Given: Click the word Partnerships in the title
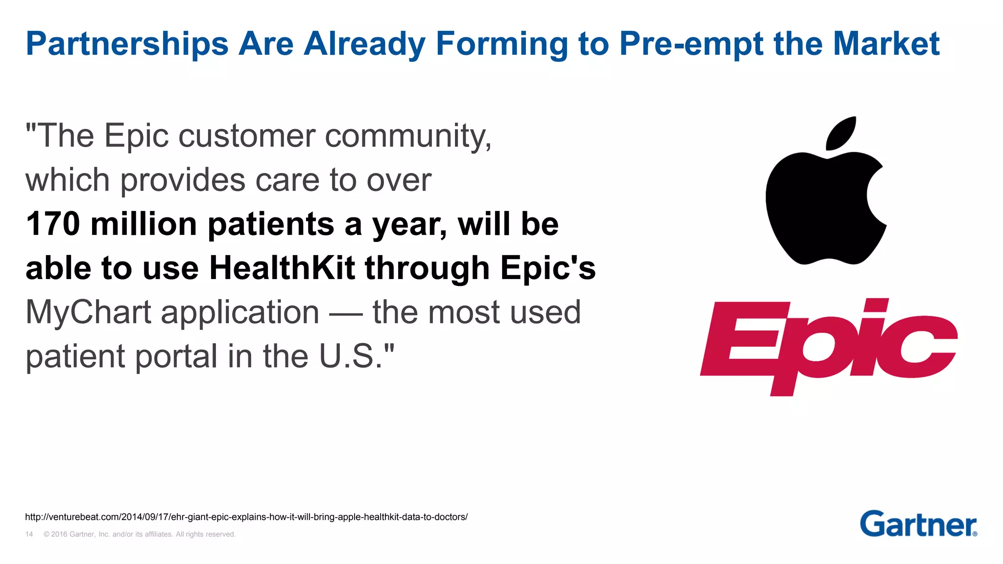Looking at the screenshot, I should coord(127,44).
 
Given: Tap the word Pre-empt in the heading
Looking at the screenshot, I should coord(691,44).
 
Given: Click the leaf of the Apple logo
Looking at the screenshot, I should coord(840,133).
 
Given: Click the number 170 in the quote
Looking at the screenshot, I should coord(53,224).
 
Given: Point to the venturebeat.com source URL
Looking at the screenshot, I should coord(246,517).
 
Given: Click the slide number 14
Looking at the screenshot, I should coord(29,534).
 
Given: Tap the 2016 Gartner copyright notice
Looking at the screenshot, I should coord(140,534).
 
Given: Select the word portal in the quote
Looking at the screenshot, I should coord(176,356).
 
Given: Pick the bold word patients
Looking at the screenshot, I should coord(271,224).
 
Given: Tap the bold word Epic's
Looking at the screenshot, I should coord(548,268).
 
